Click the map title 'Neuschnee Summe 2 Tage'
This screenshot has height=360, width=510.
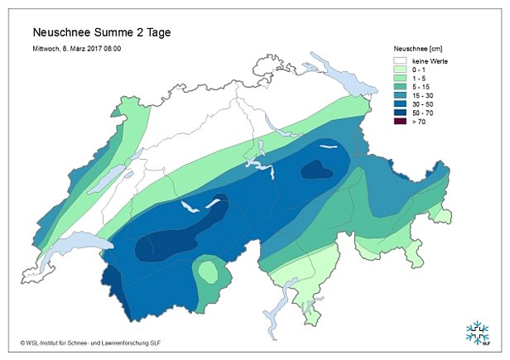point(102,33)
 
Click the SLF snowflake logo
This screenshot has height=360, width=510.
point(478,331)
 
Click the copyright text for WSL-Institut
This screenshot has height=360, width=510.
point(98,341)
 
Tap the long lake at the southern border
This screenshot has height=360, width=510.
point(289,291)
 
